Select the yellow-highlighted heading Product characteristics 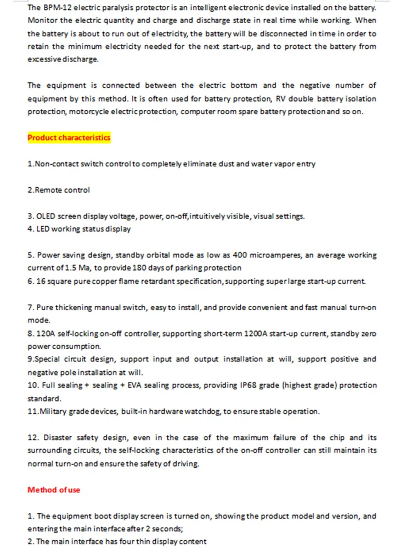(69, 138)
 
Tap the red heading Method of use (54, 490)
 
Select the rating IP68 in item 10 (281, 385)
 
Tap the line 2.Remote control (59, 190)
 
